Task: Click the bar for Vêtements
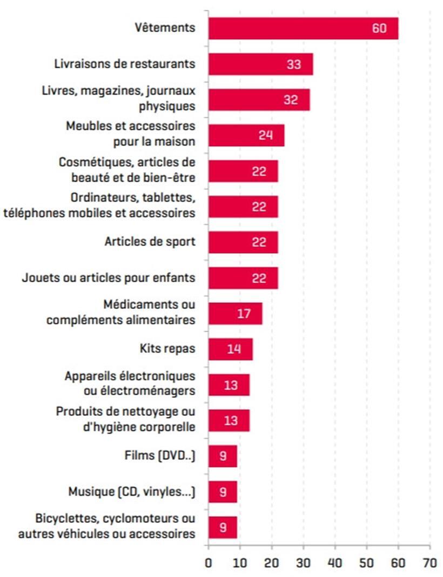303,28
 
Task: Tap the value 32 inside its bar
291,100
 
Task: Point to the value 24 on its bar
265,135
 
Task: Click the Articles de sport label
150,242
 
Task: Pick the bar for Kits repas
230,349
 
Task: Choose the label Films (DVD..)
159,455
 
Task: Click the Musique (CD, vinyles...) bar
223,492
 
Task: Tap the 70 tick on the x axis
430,562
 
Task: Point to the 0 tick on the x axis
209,562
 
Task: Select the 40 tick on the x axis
335,562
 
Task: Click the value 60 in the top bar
379,28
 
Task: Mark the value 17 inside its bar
244,314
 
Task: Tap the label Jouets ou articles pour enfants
109,278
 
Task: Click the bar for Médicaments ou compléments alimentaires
235,314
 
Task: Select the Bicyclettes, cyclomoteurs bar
223,527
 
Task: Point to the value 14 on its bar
233,349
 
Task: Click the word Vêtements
165,28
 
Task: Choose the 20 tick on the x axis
272,562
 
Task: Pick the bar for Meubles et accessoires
246,135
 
